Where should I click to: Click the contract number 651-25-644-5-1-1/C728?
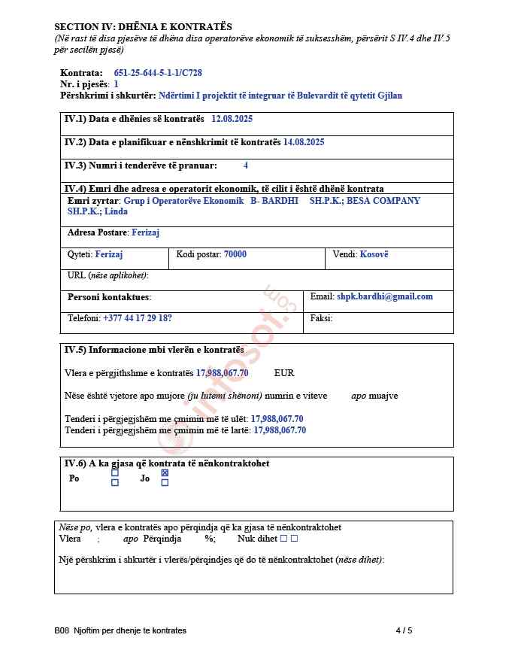[x=158, y=73]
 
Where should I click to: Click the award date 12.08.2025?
[x=232, y=119]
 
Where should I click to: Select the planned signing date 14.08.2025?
[x=304, y=142]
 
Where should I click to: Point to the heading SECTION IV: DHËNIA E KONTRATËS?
[x=143, y=26]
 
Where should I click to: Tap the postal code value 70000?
[x=235, y=255]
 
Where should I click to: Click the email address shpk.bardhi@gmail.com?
[x=385, y=296]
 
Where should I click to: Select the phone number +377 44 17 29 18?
[x=137, y=318]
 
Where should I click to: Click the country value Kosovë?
[x=374, y=255]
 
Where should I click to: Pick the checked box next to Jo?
[x=165, y=473]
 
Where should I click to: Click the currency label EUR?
[x=284, y=373]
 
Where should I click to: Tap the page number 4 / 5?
[x=404, y=630]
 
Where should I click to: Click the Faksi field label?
[x=321, y=318]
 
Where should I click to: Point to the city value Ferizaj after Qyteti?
[x=109, y=255]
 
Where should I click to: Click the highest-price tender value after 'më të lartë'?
[x=280, y=430]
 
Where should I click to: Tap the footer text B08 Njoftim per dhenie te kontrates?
[x=120, y=630]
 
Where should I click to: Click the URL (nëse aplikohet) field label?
[x=108, y=275]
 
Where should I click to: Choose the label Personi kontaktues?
[x=109, y=297]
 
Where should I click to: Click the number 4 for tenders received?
[x=246, y=165]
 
